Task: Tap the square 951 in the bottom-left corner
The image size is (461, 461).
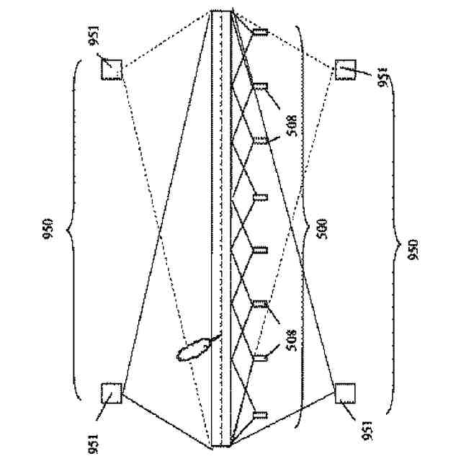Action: tap(111, 393)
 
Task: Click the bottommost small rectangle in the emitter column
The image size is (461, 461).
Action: tap(260, 415)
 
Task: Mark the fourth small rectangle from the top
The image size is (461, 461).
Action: tap(261, 196)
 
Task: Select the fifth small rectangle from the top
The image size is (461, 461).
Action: tap(261, 251)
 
